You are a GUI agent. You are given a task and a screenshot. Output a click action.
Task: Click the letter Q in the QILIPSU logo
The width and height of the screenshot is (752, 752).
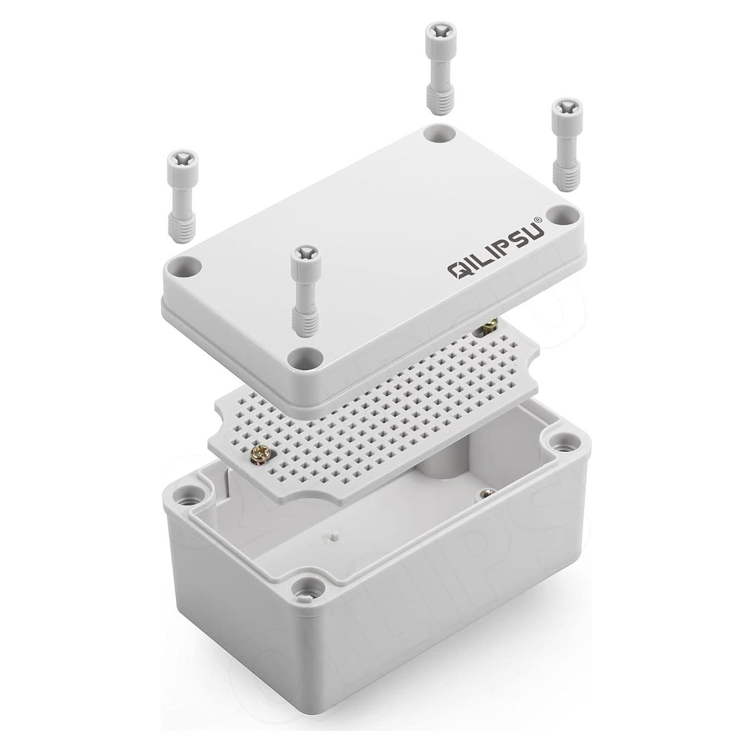[458, 270]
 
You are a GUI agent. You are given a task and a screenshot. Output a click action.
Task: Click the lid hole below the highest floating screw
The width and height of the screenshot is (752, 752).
[439, 133]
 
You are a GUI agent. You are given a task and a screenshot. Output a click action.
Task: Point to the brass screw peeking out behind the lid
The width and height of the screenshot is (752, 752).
[490, 325]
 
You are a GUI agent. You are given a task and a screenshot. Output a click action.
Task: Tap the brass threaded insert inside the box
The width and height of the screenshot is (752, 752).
[488, 493]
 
